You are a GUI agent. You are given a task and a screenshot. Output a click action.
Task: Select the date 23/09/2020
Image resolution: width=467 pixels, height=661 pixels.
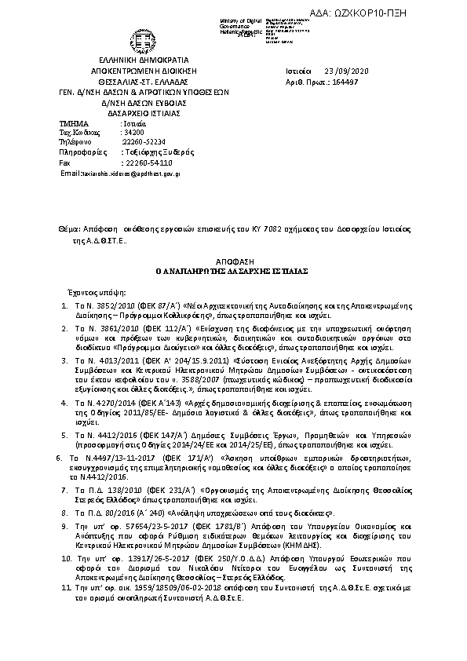pyautogui.click(x=341, y=70)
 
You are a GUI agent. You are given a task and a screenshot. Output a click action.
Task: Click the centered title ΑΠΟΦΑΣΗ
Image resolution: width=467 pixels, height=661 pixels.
pyautogui.click(x=232, y=258)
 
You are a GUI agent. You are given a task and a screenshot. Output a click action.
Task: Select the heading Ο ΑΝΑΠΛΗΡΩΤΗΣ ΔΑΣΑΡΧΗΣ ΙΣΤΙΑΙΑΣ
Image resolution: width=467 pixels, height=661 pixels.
pyautogui.click(x=232, y=268)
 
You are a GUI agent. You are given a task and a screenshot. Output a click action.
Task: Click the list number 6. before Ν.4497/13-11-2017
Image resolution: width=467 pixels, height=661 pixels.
pyautogui.click(x=61, y=455)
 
